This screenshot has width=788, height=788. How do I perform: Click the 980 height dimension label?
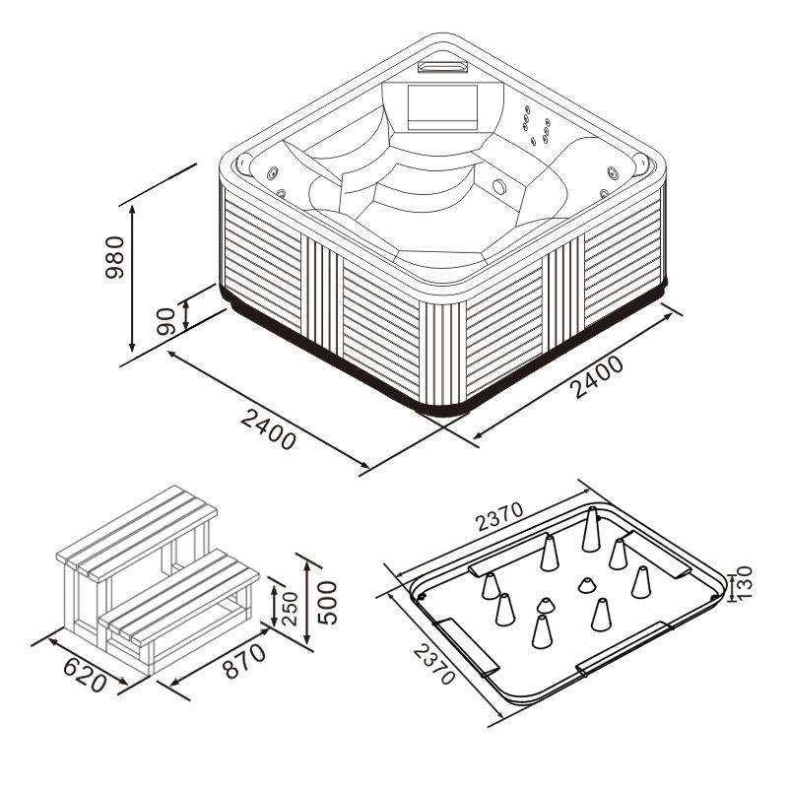pyautogui.click(x=114, y=257)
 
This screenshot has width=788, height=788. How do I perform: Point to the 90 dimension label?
pyautogui.click(x=165, y=322)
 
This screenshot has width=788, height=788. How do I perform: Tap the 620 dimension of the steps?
pyautogui.click(x=86, y=675)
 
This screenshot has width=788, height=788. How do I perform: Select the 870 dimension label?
pyautogui.click(x=244, y=661)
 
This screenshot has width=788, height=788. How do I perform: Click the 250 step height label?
pyautogui.click(x=290, y=608)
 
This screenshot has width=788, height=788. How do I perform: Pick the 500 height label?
pyautogui.click(x=327, y=603)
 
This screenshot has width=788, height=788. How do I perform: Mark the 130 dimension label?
pyautogui.click(x=744, y=582)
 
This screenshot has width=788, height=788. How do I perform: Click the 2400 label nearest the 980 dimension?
pyautogui.click(x=268, y=428)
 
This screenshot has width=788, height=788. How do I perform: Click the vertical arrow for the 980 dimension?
pyautogui.click(x=132, y=279)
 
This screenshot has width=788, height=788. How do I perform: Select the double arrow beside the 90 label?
pyautogui.click(x=186, y=315)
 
